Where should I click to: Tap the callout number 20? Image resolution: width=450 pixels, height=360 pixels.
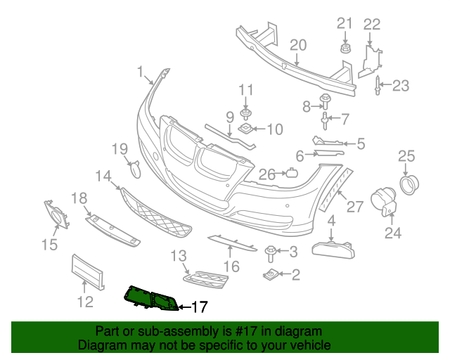[298, 45]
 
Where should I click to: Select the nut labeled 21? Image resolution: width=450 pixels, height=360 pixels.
[345, 49]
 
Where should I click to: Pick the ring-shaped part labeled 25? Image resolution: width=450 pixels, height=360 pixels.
[409, 183]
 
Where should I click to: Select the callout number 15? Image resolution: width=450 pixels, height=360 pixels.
[49, 245]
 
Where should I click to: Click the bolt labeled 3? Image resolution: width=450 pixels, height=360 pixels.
[270, 251]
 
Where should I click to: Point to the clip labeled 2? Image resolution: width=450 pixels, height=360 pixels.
[271, 274]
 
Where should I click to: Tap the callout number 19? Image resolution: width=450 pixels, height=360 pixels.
[119, 148]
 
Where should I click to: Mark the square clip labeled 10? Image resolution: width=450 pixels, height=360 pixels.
[248, 129]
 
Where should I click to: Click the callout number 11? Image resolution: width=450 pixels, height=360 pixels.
[245, 89]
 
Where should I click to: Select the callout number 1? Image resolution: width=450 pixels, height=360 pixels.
[140, 71]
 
